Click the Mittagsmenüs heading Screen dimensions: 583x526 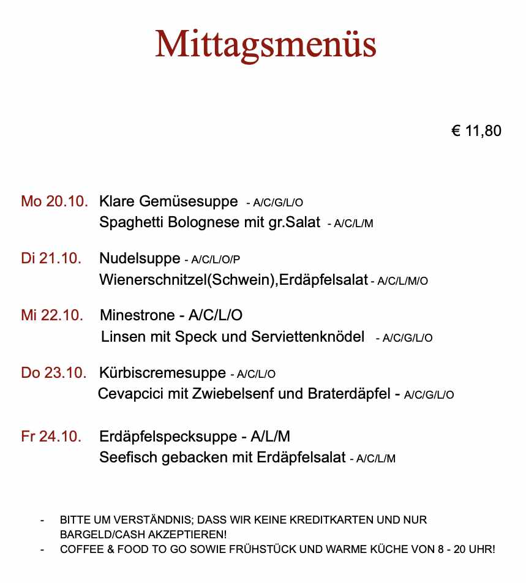click(x=265, y=44)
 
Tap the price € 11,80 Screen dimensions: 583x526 click(x=476, y=131)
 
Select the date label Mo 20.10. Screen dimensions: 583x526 click(x=54, y=201)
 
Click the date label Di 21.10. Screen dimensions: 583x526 click(x=51, y=258)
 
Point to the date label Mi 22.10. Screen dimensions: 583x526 click(x=52, y=315)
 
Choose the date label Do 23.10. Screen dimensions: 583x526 click(x=54, y=372)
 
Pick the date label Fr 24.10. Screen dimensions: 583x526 click(x=51, y=437)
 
